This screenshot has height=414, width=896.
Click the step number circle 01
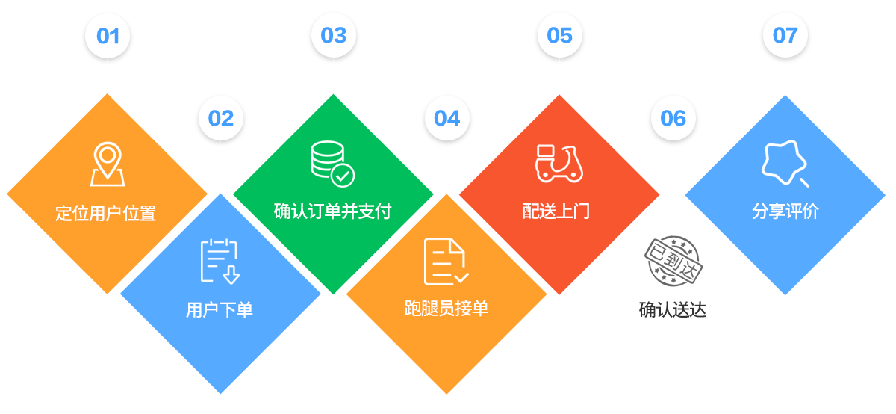coord(108,36)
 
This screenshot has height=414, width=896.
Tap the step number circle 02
coord(221,118)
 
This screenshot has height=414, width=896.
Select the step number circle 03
coord(334,36)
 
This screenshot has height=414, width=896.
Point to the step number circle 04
coord(447,118)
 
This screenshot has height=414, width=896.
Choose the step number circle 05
coord(559,36)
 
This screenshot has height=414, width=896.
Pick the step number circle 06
coord(673,118)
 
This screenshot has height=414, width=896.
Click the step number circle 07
coord(785,36)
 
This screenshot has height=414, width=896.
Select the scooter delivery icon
coord(559,164)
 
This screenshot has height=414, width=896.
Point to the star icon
coord(785,164)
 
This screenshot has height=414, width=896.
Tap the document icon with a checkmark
coord(446,262)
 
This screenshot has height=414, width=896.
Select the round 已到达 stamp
coord(673,262)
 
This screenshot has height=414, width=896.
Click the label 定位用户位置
coord(106,213)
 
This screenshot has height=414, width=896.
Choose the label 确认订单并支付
coord(332,211)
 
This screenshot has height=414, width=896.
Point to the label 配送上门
coord(556,211)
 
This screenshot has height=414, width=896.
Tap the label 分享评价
coord(785,211)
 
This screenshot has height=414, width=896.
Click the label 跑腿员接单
coord(447,308)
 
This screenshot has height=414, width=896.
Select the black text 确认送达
coord(673,309)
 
